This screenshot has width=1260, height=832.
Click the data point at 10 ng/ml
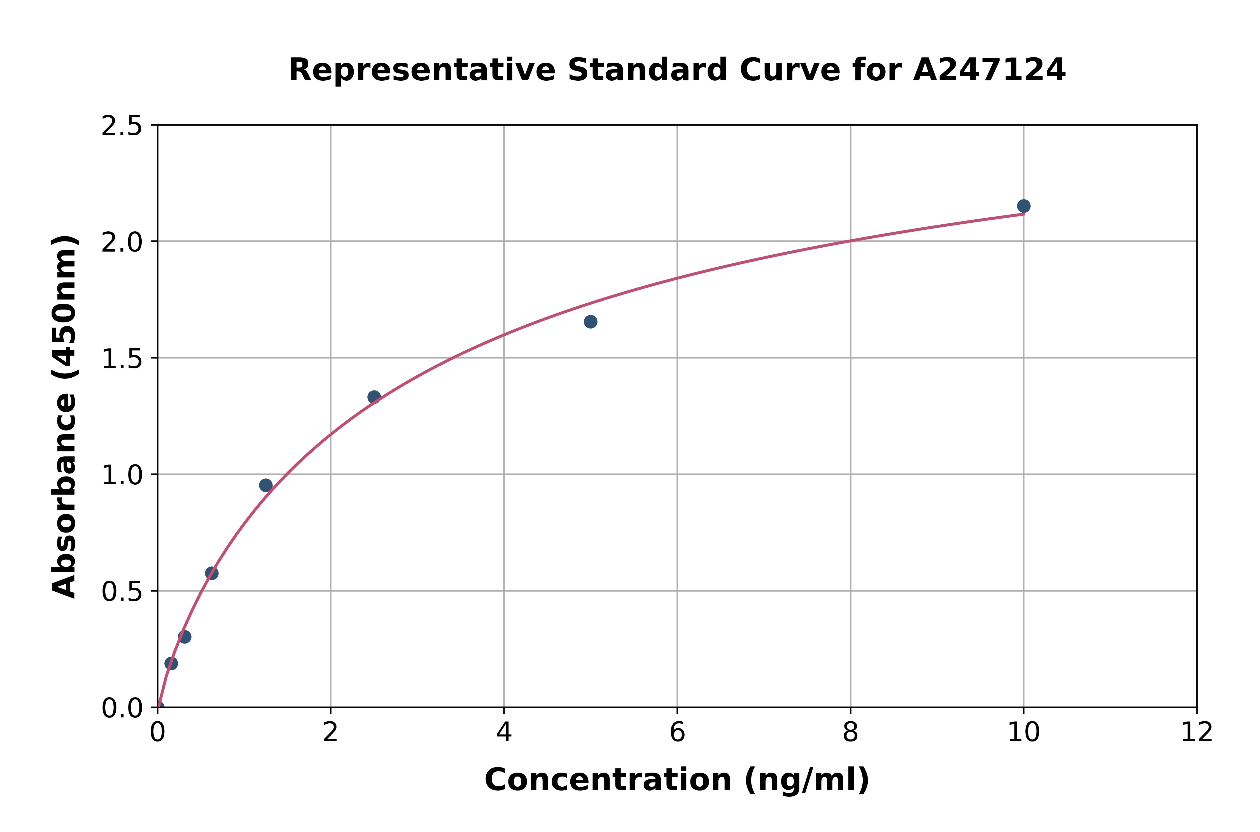[1023, 206]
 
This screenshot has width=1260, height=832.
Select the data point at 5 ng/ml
[590, 322]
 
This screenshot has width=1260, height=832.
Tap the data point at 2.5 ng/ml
[374, 397]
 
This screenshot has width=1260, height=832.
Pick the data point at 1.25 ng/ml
[266, 485]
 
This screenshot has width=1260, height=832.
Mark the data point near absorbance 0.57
[212, 573]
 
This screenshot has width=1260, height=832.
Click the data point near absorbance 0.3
[185, 637]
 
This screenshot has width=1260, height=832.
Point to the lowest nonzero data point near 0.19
[171, 663]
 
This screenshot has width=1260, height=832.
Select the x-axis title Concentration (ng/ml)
[677, 780]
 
